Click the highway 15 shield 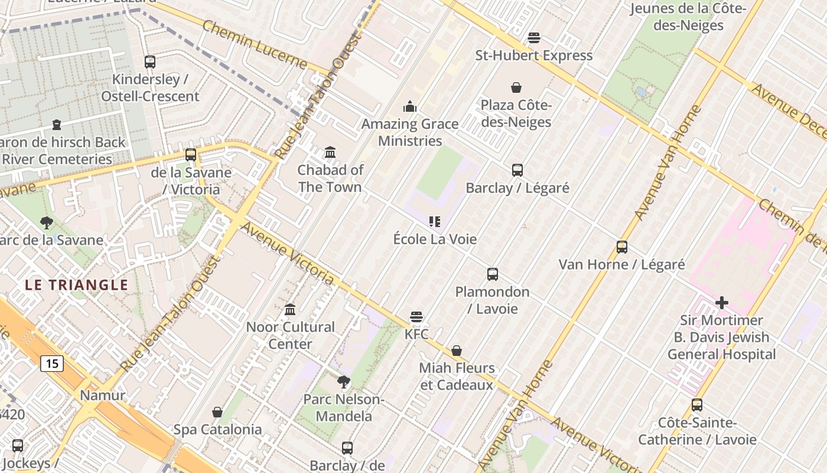click(52, 363)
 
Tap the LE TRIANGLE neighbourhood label click(77, 285)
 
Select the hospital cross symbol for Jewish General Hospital click(721, 303)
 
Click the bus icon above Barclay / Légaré click(517, 170)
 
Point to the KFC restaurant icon click(416, 317)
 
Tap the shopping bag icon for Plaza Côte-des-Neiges click(516, 88)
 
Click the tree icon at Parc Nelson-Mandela click(344, 382)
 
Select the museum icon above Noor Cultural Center click(290, 309)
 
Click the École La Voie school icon click(435, 222)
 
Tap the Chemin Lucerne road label click(255, 44)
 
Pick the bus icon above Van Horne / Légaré click(622, 247)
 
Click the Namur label click(103, 396)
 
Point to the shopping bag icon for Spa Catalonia click(217, 412)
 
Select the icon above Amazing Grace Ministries click(410, 106)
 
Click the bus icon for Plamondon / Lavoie click(493, 274)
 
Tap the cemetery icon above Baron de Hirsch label click(57, 125)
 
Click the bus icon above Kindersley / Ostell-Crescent click(150, 61)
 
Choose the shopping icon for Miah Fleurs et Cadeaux click(457, 351)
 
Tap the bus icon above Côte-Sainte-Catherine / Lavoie click(697, 405)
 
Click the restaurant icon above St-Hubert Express click(534, 38)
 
